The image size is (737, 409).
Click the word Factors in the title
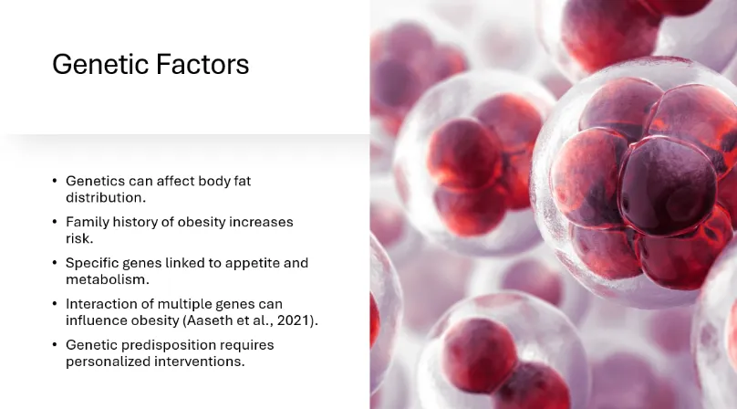tap(202, 64)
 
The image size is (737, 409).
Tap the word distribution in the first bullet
tap(106, 198)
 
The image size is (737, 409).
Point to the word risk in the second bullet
tap(79, 238)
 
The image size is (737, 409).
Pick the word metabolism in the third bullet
tap(107, 279)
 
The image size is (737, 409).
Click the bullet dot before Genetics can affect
tap(55, 181)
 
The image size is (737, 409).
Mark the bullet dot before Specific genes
tap(55, 263)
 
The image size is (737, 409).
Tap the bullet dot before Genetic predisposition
tap(55, 345)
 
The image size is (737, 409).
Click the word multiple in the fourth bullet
tap(187, 304)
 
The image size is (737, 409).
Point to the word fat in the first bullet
tap(243, 181)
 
